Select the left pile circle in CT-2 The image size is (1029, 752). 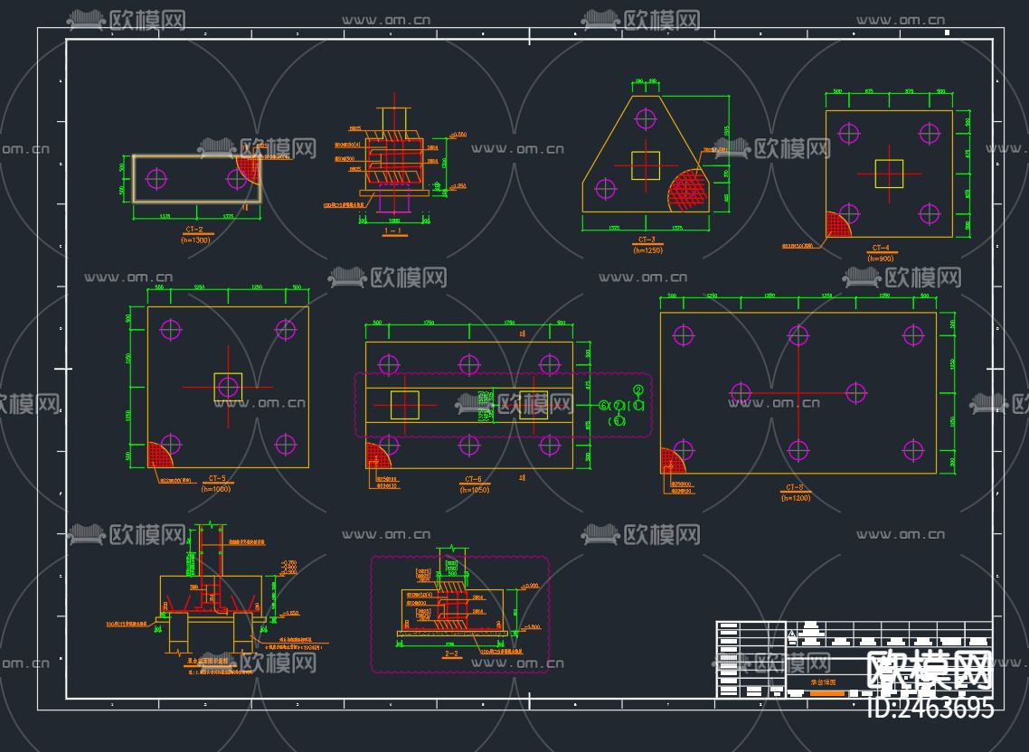pos(157,178)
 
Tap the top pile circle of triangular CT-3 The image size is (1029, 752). pos(646,118)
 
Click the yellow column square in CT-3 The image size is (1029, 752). pos(646,165)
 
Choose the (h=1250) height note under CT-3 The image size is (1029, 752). pos(647,249)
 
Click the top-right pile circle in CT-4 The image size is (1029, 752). pos(930,133)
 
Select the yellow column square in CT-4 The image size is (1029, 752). pos(889,174)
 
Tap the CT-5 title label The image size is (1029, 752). pos(217,478)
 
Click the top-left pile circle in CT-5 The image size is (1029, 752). pos(171,329)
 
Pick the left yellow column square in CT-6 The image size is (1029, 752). pos(405,405)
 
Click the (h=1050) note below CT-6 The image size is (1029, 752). pos(474,489)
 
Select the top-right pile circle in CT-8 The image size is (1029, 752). pos(913,335)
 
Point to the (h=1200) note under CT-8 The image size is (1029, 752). pos(796,498)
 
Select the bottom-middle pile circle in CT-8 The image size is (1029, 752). pos(798,450)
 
